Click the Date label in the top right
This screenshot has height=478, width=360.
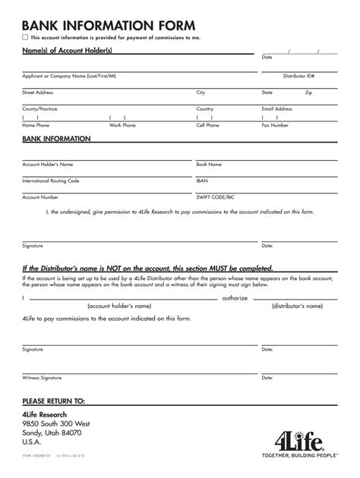pyautogui.click(x=267, y=58)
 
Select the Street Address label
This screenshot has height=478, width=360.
pyautogui.click(x=38, y=92)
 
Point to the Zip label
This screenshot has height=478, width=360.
pyautogui.click(x=308, y=92)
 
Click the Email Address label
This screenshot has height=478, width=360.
pyautogui.click(x=277, y=108)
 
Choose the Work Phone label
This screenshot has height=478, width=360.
pyautogui.click(x=122, y=125)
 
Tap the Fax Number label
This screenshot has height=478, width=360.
pyautogui.click(x=275, y=125)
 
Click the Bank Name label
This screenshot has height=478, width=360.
pyautogui.click(x=209, y=163)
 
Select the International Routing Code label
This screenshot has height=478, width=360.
pyautogui.click(x=51, y=181)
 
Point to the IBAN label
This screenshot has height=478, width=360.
pyautogui.click(x=202, y=181)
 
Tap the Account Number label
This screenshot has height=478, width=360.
pyautogui.click(x=40, y=197)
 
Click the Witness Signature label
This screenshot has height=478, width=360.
pyautogui.click(x=42, y=377)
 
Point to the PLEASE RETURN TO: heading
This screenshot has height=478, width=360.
pyautogui.click(x=54, y=400)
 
